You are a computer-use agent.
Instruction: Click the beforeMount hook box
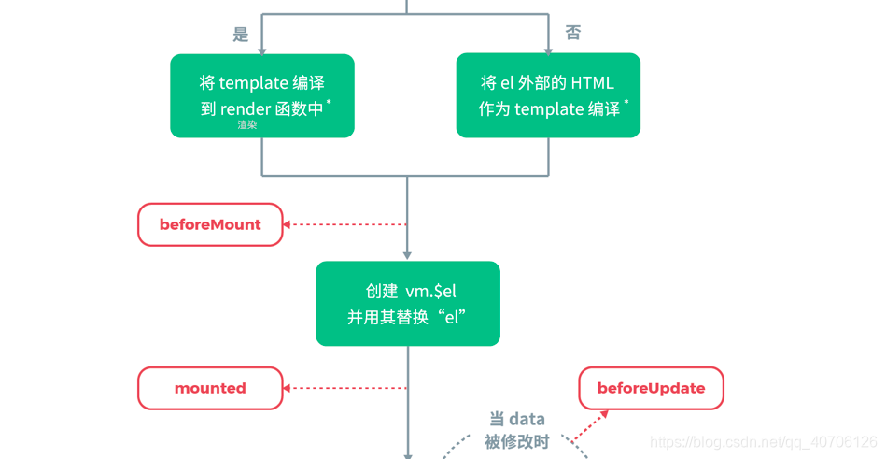(x=210, y=224)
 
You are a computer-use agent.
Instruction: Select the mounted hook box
(x=210, y=388)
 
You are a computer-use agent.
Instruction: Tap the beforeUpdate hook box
(x=651, y=388)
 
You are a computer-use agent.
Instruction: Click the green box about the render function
(x=262, y=95)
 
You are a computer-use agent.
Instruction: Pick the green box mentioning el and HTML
(x=548, y=95)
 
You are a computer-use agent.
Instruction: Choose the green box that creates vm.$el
(x=408, y=304)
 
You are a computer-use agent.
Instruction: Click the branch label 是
(x=241, y=35)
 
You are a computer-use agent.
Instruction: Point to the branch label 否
(x=572, y=33)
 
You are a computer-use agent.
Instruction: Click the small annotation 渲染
(x=246, y=125)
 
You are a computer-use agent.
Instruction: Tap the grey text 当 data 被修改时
(x=516, y=430)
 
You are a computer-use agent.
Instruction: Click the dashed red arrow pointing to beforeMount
(x=345, y=224)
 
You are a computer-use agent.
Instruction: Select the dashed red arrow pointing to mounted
(x=345, y=388)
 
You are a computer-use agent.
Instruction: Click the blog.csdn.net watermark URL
(x=763, y=441)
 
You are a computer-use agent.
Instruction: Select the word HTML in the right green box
(x=593, y=83)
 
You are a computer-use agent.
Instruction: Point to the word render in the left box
(x=245, y=109)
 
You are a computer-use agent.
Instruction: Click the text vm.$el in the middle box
(x=430, y=292)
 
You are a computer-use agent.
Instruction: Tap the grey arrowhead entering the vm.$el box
(x=408, y=255)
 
